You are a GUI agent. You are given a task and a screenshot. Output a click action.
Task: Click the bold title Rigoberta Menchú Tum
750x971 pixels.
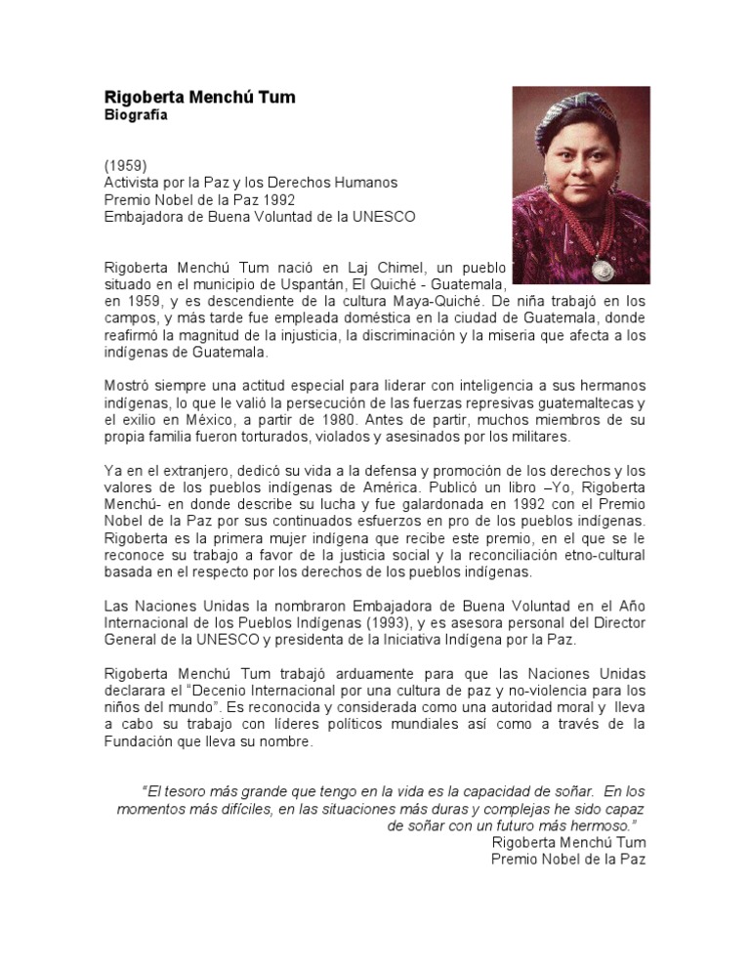199,98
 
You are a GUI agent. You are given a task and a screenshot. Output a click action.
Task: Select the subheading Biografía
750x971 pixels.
136,115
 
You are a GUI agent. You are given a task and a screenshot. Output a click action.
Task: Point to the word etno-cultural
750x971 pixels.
598,555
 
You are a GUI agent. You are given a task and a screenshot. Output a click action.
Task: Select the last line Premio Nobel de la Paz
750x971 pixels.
567,859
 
